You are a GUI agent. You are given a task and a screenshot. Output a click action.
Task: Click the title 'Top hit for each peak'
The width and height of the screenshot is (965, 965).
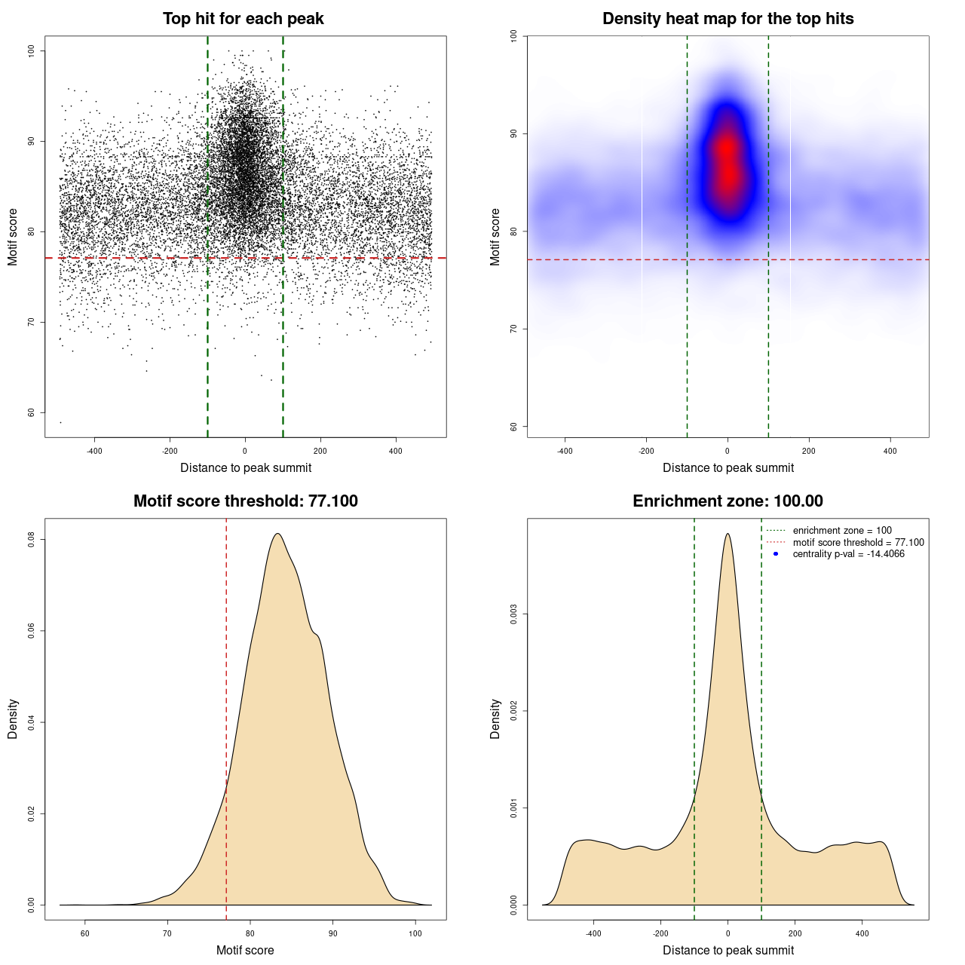click(x=243, y=19)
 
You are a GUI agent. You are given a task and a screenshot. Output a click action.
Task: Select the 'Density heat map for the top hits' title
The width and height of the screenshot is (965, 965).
click(x=728, y=19)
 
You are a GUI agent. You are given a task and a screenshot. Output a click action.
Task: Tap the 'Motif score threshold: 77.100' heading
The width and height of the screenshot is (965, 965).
click(x=245, y=501)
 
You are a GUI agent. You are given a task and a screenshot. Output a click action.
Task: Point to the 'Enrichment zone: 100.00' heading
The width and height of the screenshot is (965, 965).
click(x=728, y=501)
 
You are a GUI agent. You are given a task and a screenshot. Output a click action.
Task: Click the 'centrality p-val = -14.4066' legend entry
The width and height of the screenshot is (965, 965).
click(x=848, y=554)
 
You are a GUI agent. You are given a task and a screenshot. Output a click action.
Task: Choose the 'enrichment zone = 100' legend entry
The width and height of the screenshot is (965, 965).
click(x=841, y=531)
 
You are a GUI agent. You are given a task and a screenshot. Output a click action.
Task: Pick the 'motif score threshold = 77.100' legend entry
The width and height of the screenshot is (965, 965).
click(x=858, y=543)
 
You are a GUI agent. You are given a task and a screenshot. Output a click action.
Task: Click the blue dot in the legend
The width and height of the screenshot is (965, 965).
click(x=776, y=554)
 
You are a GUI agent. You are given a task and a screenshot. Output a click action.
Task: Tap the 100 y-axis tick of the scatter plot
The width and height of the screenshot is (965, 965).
click(x=32, y=51)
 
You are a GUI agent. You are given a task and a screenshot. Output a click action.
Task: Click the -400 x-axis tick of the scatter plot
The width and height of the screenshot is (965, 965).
click(x=94, y=452)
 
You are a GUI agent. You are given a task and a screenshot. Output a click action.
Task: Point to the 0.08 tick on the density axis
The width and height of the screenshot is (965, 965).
click(x=32, y=540)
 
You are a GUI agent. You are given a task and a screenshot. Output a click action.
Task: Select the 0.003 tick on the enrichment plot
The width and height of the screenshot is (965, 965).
click(x=514, y=614)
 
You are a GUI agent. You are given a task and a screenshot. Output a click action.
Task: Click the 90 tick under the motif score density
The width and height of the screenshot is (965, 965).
click(x=332, y=933)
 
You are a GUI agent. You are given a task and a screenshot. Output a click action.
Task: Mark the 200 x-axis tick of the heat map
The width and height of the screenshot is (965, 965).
click(x=809, y=452)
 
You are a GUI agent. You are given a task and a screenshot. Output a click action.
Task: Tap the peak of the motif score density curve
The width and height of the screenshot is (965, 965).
click(x=277, y=534)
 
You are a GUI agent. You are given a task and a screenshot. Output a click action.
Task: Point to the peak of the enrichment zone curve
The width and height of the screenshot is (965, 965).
click(x=728, y=534)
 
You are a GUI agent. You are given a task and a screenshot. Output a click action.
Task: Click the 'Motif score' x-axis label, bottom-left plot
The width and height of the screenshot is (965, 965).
click(x=245, y=950)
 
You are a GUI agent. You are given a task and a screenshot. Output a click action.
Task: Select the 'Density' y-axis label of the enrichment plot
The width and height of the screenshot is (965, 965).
click(x=495, y=718)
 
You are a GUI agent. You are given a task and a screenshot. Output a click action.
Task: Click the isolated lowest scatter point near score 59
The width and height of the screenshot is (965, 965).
click(x=60, y=422)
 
